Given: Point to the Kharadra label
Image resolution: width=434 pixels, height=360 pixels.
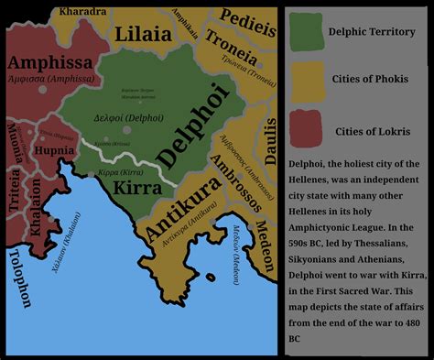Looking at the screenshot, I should (81, 12).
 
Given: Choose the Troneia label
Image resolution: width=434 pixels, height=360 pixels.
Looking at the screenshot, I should (231, 43).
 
